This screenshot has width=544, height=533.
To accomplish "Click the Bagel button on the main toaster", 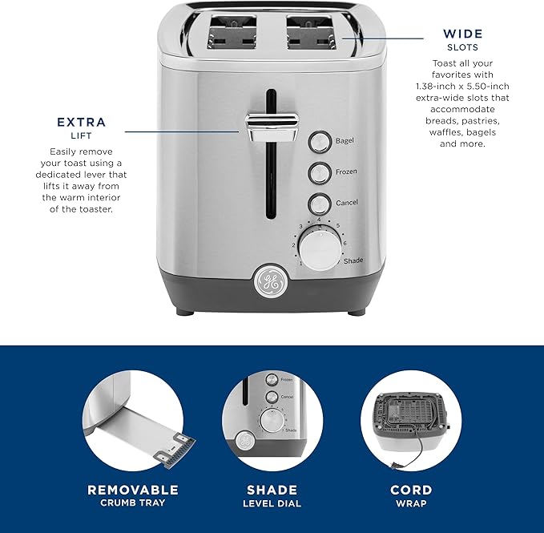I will pyautogui.click(x=320, y=142).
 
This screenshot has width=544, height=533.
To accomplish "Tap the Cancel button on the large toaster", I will pyautogui.click(x=320, y=202).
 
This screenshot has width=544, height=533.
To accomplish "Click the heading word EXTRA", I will pyautogui.click(x=81, y=123).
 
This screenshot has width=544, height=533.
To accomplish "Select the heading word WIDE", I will pyautogui.click(x=463, y=34).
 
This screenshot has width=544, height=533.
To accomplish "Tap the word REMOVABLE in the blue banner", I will pyautogui.click(x=133, y=490).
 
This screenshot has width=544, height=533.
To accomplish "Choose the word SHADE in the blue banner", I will pyautogui.click(x=272, y=490).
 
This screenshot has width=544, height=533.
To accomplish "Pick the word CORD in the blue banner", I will pyautogui.click(x=412, y=490).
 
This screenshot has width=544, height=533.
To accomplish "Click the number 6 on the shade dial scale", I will pyautogui.click(x=345, y=244).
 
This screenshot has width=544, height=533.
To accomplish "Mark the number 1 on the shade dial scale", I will pyautogui.click(x=300, y=263).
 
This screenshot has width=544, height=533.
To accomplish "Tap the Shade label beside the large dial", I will pyautogui.click(x=353, y=261).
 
